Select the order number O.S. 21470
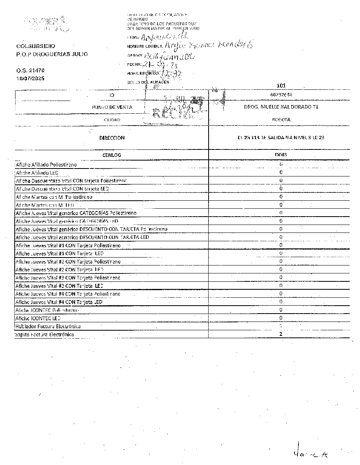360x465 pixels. click(31, 70)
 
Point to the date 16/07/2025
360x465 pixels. click(31, 78)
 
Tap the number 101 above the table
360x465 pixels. click(281, 85)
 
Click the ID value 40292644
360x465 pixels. click(281, 95)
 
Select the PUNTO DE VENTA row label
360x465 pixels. click(112, 107)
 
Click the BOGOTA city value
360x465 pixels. click(281, 119)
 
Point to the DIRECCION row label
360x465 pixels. click(112, 138)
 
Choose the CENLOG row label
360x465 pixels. click(112, 155)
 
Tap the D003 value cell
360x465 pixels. click(281, 155)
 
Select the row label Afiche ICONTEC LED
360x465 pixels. click(38, 318)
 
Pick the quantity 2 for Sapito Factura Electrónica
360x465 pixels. click(281, 334)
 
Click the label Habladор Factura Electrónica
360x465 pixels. click(48, 326)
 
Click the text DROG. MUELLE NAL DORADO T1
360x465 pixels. click(281, 107)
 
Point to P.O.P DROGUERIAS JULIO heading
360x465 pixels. click(52, 54)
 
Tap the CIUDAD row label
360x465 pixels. click(112, 119)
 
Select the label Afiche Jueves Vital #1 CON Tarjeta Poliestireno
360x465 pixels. click(68, 246)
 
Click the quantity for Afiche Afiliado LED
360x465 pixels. click(281, 172)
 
